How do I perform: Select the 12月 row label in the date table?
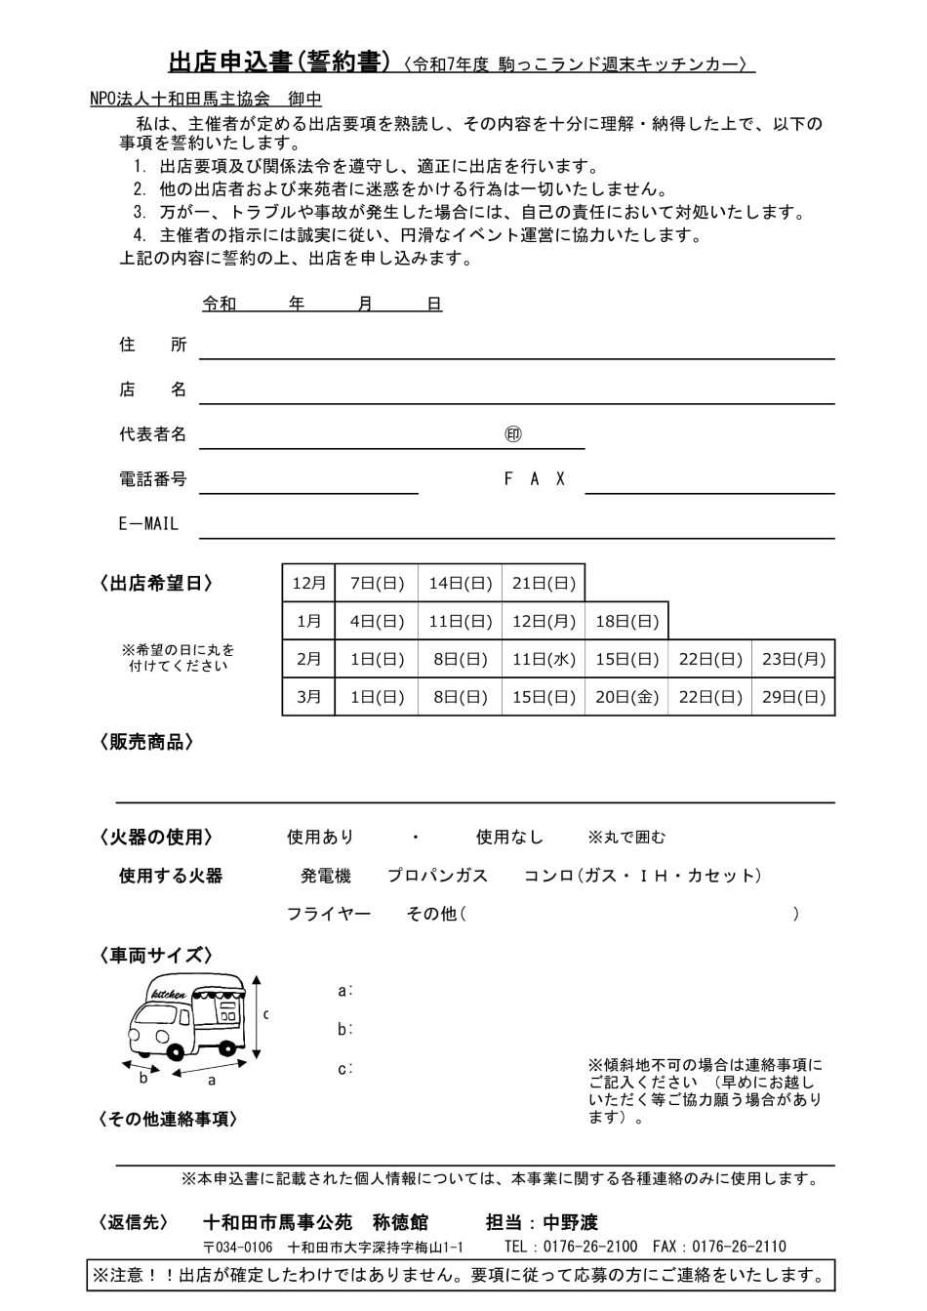308,583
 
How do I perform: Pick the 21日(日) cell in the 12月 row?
544,583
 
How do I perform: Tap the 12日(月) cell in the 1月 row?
544,621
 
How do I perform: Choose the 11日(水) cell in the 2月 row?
544,659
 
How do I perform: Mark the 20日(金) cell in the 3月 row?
627,697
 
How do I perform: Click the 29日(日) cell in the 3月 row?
793,697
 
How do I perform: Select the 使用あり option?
320,838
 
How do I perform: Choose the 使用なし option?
509,838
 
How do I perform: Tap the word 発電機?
325,876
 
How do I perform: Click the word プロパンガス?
437,876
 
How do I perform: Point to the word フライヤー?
328,914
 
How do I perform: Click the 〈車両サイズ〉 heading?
156,956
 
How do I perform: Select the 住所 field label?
152,345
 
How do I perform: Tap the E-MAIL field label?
148,524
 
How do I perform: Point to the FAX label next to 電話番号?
534,479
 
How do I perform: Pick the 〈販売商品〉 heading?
146,743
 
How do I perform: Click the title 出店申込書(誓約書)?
280,62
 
